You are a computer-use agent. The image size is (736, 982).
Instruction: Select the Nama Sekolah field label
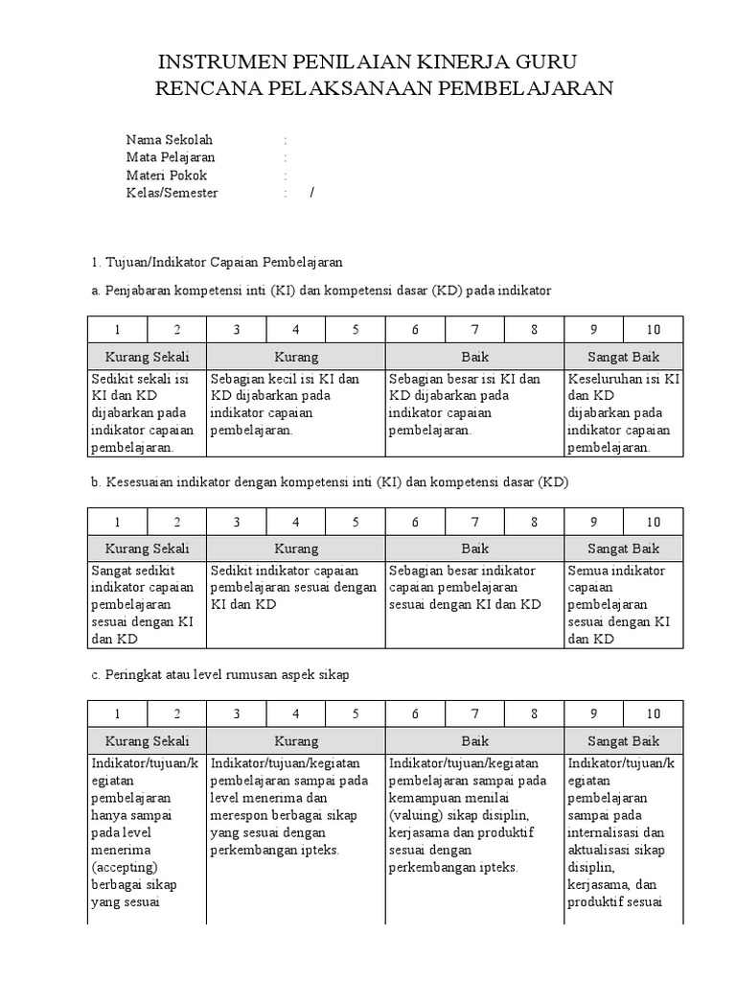pos(170,139)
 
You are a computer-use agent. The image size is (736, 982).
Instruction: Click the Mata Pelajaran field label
pos(171,157)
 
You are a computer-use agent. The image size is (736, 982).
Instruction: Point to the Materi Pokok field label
pos(167,175)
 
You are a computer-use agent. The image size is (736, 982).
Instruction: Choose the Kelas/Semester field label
pos(172,193)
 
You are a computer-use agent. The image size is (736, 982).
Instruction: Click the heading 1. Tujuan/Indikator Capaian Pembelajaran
pos(217,262)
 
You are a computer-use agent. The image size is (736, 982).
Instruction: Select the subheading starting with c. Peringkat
pos(220,674)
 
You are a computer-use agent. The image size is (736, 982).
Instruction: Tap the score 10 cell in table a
pos(654,330)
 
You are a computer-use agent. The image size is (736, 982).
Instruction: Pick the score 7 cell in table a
pos(475,330)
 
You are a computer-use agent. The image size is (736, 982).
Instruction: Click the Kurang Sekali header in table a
pos(148,357)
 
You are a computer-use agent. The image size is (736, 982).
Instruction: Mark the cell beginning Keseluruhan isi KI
pos(624,412)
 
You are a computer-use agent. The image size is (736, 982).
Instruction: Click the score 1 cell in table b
pos(118,522)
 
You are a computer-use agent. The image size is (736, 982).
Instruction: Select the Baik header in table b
pos(475,549)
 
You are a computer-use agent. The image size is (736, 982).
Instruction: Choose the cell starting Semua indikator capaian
pos(624,604)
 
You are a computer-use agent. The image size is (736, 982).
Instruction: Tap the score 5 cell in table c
pos(356,713)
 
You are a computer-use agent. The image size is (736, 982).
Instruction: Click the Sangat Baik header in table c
pos(624,740)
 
